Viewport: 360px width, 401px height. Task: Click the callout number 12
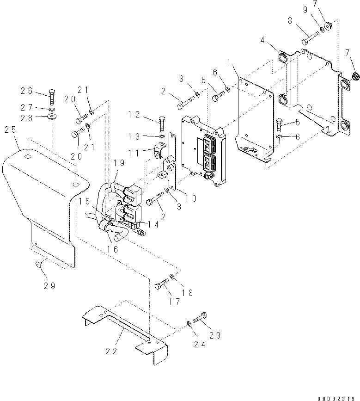[134, 114]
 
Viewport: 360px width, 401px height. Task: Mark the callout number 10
[191, 198]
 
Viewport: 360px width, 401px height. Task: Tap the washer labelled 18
[172, 277]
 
